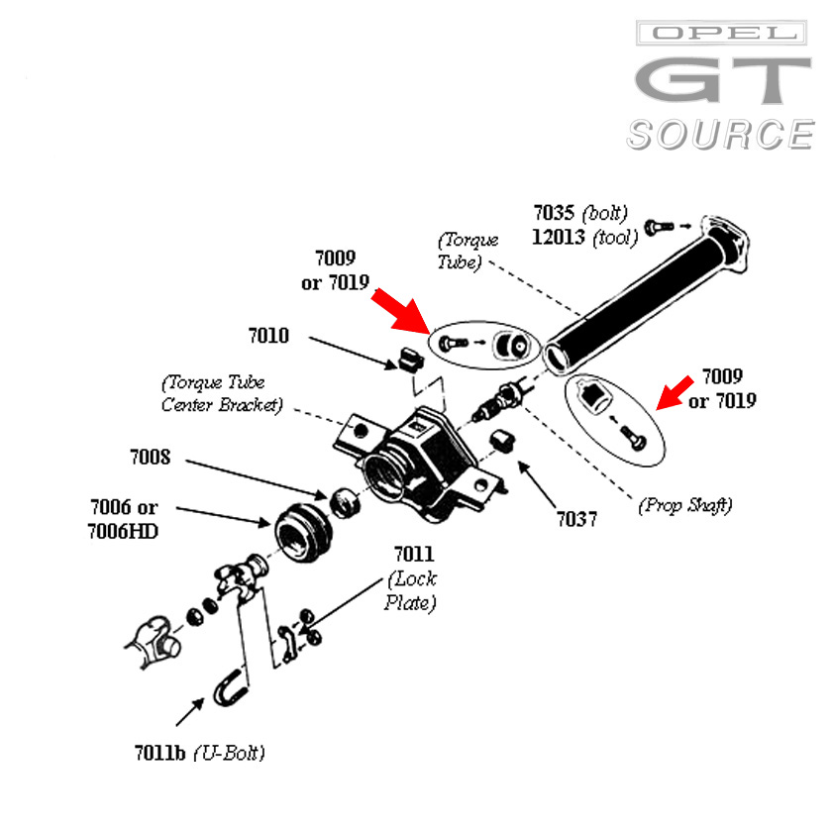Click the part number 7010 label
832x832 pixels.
pyautogui.click(x=268, y=336)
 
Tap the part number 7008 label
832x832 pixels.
pyautogui.click(x=150, y=458)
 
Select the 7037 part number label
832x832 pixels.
pyautogui.click(x=576, y=519)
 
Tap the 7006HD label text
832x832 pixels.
pyautogui.click(x=123, y=531)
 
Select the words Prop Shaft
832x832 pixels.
pyautogui.click(x=685, y=505)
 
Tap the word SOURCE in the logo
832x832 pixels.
pyautogui.click(x=720, y=134)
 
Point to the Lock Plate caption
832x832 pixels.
pyautogui.click(x=411, y=590)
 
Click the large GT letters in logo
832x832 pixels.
pyautogui.click(x=722, y=81)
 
